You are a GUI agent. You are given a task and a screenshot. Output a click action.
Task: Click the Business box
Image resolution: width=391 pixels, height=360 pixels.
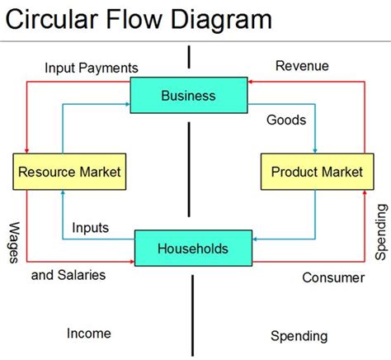point(189,95)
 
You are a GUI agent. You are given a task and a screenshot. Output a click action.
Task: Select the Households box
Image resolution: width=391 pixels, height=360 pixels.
point(192,248)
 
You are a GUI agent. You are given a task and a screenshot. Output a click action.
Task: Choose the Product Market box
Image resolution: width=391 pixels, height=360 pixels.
point(317,172)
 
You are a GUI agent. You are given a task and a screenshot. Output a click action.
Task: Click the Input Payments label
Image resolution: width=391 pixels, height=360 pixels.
point(92,67)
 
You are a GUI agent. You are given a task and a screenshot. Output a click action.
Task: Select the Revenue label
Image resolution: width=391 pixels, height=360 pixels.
point(302,66)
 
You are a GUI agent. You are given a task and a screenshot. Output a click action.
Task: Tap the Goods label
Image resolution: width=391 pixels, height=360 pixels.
point(286,120)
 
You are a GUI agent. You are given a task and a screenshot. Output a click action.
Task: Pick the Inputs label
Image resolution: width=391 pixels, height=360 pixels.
point(92,227)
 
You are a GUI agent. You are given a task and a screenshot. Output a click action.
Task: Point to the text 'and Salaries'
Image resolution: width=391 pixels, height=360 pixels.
point(68,274)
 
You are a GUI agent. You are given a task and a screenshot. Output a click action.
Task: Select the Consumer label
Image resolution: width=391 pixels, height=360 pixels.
point(333,277)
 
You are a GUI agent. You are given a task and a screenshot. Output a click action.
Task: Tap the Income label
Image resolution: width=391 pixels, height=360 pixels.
point(88,333)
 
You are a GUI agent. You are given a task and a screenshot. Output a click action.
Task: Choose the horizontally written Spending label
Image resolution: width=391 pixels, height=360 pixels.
point(299,335)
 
